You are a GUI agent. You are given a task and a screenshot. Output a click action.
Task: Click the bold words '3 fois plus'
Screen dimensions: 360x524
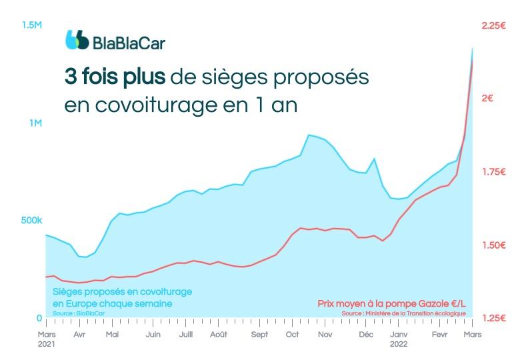pyautogui.click(x=115, y=77)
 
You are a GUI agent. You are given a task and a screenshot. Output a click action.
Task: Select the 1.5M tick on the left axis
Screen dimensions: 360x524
pyautogui.click(x=32, y=25)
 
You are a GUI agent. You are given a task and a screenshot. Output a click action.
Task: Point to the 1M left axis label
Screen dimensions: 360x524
pyautogui.click(x=35, y=123)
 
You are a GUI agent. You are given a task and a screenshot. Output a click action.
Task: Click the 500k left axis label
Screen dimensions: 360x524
pyautogui.click(x=31, y=221)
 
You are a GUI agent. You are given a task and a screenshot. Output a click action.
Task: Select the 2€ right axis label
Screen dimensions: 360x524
pyautogui.click(x=487, y=99)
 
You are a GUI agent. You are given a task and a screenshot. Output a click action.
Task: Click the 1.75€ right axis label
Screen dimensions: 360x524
pyautogui.click(x=495, y=172)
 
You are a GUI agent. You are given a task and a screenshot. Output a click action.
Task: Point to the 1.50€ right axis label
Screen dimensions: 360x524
pyautogui.click(x=495, y=245)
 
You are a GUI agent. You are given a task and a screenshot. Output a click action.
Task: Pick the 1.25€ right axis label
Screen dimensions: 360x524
pyautogui.click(x=495, y=318)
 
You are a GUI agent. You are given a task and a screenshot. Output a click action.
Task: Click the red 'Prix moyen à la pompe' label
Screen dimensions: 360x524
pyautogui.click(x=391, y=303)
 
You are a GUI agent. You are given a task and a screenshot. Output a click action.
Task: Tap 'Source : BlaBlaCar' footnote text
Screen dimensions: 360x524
pyautogui.click(x=73, y=313)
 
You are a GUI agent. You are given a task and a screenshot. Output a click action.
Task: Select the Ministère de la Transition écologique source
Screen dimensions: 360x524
pyautogui.click(x=404, y=313)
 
